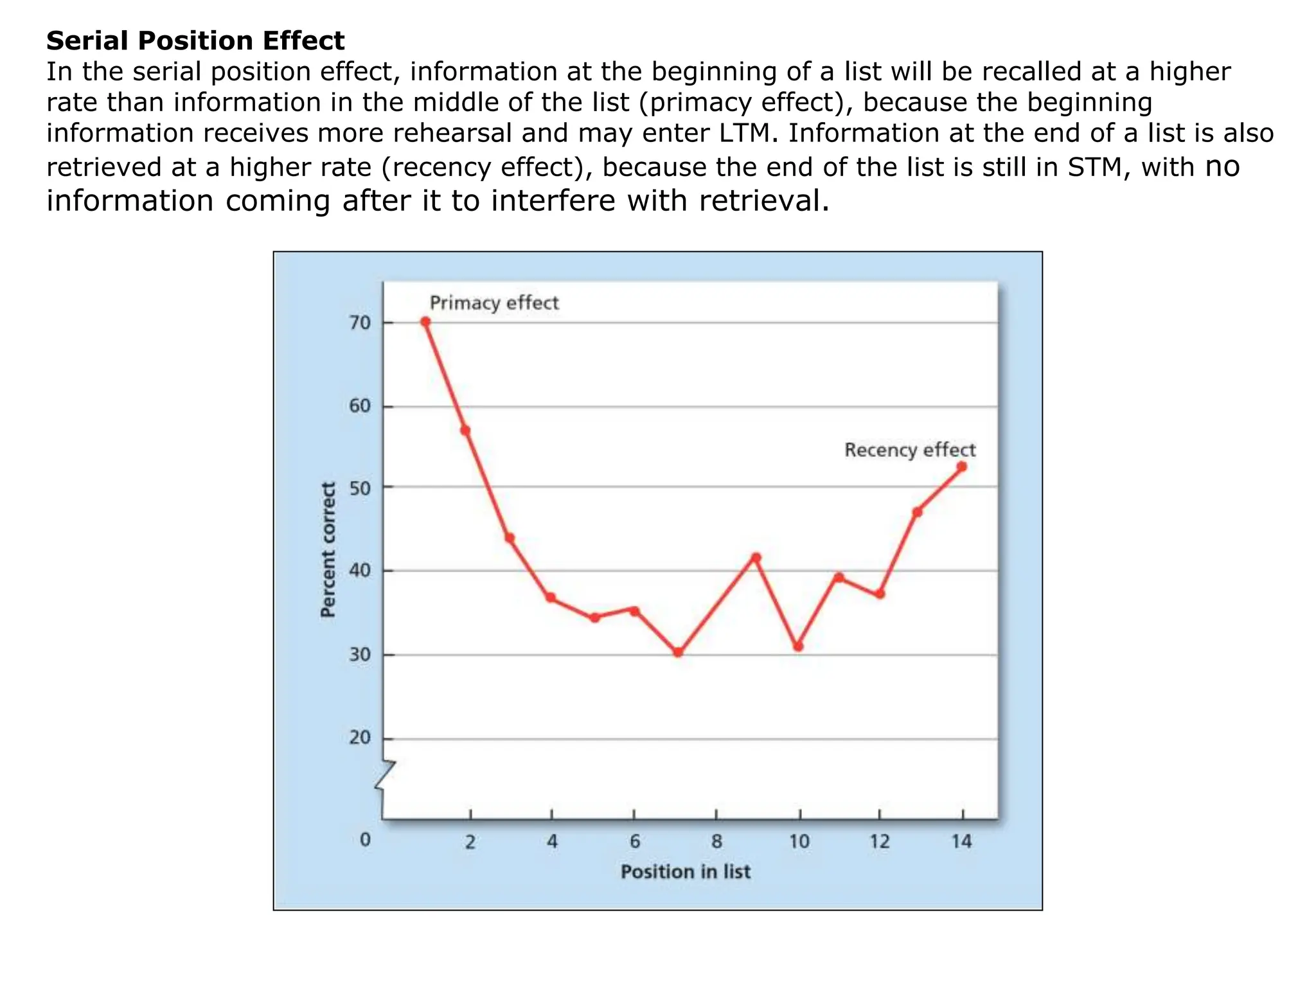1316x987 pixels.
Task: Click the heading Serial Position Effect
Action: (195, 41)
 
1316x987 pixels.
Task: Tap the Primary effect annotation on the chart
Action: (493, 303)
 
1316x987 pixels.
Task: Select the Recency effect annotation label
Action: (909, 450)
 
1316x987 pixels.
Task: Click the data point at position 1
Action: (425, 321)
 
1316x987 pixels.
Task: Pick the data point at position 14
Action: (961, 467)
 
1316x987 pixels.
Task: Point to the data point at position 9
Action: (756, 558)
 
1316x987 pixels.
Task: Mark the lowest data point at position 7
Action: (678, 652)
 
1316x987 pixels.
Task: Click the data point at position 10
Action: (798, 646)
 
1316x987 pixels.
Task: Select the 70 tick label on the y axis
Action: (360, 323)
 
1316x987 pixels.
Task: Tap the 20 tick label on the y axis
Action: (360, 738)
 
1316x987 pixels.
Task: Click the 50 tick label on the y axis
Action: (360, 488)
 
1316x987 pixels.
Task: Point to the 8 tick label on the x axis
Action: (716, 841)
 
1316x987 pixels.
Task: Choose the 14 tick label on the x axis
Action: (961, 841)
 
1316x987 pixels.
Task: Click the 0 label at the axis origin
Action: (365, 839)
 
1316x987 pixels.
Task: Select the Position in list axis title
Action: (685, 872)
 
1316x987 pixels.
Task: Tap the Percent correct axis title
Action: (328, 550)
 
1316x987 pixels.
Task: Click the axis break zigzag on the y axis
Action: (384, 775)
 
